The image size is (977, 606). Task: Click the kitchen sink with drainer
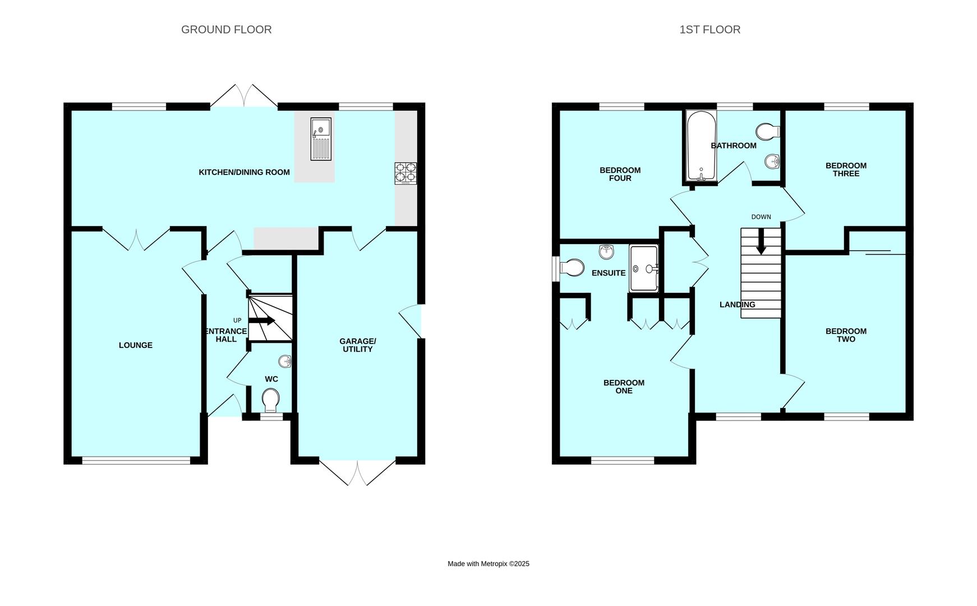pos(321,139)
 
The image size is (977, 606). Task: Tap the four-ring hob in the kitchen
pos(405,173)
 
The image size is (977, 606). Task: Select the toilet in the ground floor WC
pos(271,401)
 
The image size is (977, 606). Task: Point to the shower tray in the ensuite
pos(644,269)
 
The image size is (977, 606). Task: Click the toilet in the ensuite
pos(571,268)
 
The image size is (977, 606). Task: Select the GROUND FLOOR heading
pos(226,30)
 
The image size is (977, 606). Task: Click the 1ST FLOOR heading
pos(709,30)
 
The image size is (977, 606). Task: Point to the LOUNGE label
pos(135,345)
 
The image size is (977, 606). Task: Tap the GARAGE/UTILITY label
pos(357,345)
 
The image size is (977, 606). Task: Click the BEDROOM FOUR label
pos(620,174)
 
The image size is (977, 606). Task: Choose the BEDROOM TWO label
pos(846,335)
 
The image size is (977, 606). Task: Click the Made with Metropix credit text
pos(488,564)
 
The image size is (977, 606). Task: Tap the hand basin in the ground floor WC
pos(285,361)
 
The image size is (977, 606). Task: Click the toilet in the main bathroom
pos(767,132)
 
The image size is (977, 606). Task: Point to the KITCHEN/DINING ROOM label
pos(244,172)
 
